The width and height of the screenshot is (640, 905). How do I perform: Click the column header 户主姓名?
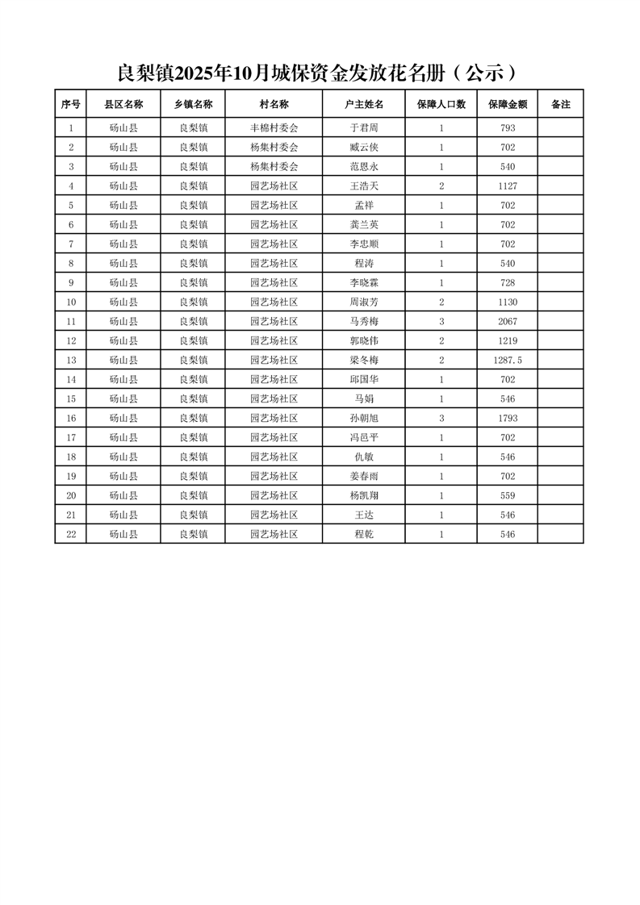363,104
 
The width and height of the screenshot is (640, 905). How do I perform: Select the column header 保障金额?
508,104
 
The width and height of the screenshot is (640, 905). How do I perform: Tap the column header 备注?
560,104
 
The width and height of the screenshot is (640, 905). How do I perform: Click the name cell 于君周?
363,128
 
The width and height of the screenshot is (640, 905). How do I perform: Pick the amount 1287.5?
508,361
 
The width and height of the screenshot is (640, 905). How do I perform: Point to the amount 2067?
508,322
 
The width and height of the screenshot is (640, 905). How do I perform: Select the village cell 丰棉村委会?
274,128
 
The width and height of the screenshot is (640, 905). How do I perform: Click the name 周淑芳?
363,302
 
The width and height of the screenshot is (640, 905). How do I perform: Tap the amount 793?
508,128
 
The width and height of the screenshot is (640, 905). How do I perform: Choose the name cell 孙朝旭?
363,419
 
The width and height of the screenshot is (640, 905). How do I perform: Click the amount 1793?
508,419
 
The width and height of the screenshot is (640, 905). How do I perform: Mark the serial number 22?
71,535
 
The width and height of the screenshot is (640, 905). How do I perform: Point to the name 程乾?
363,535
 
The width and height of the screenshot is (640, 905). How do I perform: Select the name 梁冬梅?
363,361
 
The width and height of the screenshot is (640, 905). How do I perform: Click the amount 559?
508,496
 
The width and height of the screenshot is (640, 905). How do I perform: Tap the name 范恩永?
363,167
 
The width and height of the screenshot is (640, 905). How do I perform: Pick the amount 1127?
508,186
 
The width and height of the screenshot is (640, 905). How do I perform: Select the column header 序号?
71,104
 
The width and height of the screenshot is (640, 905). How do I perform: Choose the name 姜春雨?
363,477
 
